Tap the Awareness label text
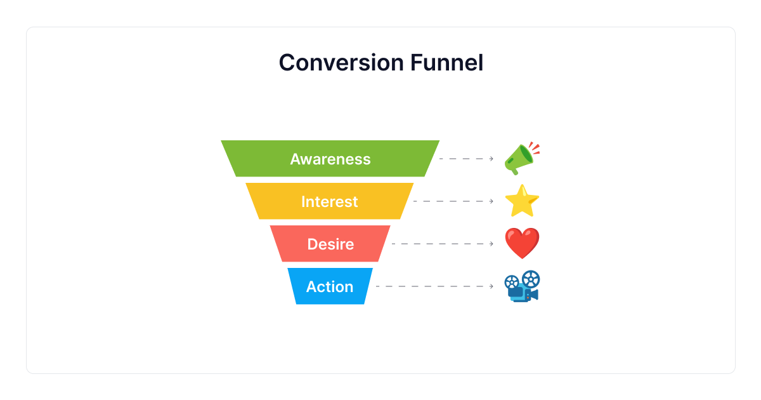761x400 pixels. point(330,159)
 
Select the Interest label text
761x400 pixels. point(329,201)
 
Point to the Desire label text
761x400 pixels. point(330,244)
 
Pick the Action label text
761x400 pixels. point(329,286)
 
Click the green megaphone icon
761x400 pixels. point(519,160)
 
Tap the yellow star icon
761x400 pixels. point(522,201)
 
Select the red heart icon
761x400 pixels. point(522,244)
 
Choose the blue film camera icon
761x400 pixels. point(522,287)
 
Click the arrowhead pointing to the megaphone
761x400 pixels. point(491,159)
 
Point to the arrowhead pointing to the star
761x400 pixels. point(491,201)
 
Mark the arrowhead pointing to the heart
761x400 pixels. point(491,244)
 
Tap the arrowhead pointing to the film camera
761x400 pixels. point(491,286)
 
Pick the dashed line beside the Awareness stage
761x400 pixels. point(464,159)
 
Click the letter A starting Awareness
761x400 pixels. point(296,159)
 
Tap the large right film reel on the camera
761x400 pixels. point(531,278)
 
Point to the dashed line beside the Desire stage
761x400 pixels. point(441,244)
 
